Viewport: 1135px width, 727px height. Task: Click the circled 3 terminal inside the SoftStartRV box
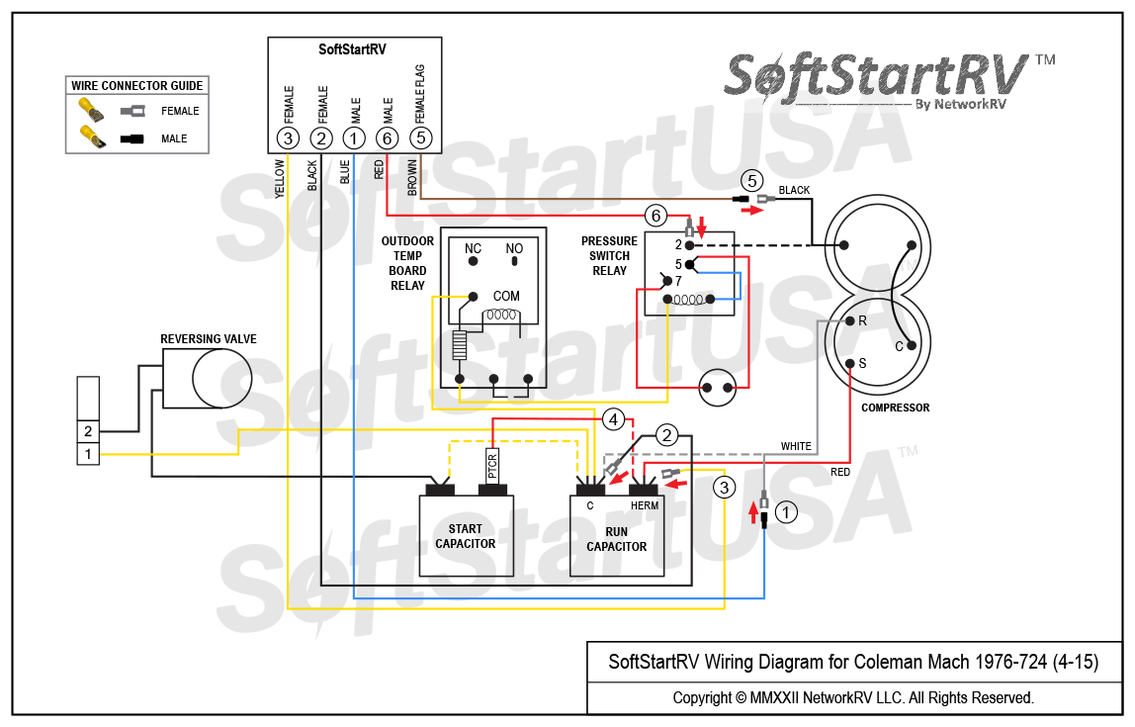coord(288,138)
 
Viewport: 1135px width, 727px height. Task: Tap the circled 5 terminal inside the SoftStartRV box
coord(421,138)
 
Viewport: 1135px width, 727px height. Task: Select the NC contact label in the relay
coord(474,248)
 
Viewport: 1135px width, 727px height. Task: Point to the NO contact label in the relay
coord(514,248)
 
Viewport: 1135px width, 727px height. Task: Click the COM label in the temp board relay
coord(506,296)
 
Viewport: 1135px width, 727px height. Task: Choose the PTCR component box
coord(492,463)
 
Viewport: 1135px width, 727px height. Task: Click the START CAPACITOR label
coord(465,536)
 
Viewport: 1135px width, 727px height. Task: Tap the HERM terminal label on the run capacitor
coord(645,505)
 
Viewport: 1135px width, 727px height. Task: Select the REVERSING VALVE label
coord(209,339)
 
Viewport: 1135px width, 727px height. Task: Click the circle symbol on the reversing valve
coord(221,378)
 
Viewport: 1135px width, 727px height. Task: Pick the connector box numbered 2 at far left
coord(88,432)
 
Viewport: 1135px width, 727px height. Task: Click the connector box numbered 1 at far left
coord(88,454)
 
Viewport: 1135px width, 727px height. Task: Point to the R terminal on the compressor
coord(862,321)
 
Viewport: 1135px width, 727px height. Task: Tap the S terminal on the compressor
coord(862,363)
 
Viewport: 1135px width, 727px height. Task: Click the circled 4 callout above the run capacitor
coord(614,419)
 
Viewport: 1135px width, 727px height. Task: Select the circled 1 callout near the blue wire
coord(786,512)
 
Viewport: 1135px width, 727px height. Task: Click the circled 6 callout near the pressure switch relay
coord(655,215)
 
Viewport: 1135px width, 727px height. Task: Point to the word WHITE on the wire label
coord(796,446)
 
